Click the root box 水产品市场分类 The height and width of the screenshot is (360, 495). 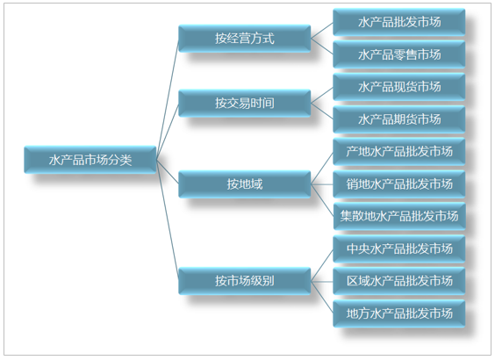90,160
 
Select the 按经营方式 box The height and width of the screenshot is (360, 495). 245,39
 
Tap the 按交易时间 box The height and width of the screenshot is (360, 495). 245,103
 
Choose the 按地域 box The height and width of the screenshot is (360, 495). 245,184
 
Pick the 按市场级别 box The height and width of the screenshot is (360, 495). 245,281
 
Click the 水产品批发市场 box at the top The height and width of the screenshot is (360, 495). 399,22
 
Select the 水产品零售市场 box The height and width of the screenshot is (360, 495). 399,54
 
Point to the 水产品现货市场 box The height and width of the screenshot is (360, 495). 399,87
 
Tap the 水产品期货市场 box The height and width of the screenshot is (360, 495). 399,119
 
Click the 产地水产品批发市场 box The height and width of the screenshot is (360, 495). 399,152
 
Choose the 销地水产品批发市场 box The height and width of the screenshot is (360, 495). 399,184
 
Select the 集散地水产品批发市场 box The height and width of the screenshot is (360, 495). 399,216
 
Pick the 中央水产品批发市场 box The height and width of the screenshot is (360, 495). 399,248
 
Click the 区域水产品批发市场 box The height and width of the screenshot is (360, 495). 399,281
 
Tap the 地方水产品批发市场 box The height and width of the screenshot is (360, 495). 399,313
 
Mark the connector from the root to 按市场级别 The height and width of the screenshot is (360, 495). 168,220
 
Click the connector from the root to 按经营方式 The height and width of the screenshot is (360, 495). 168,99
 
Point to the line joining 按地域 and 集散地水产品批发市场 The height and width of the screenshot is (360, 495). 322,200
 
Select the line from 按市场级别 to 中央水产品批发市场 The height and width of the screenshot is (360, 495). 322,264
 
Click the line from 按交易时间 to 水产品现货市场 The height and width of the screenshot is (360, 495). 322,95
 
